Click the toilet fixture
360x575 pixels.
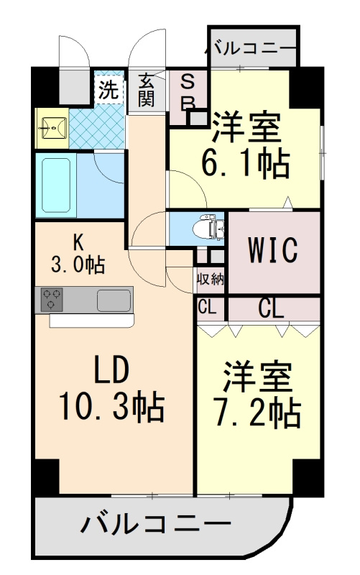click(x=208, y=228)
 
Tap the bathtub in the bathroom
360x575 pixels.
click(x=56, y=185)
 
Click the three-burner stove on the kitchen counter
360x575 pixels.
click(x=52, y=299)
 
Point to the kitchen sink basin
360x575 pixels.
click(x=114, y=300)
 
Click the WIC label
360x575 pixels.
click(x=273, y=250)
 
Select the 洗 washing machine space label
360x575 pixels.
click(x=109, y=89)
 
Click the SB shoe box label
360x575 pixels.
click(x=188, y=91)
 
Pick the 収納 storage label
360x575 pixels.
click(x=210, y=280)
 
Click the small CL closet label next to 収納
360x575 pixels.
click(x=207, y=308)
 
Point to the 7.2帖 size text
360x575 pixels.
click(x=259, y=414)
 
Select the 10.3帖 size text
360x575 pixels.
click(x=112, y=405)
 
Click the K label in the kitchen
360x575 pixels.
click(x=78, y=241)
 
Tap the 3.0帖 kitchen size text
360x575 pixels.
click(x=78, y=264)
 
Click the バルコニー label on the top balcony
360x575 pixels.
click(x=250, y=49)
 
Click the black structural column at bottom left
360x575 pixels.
click(x=47, y=477)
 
